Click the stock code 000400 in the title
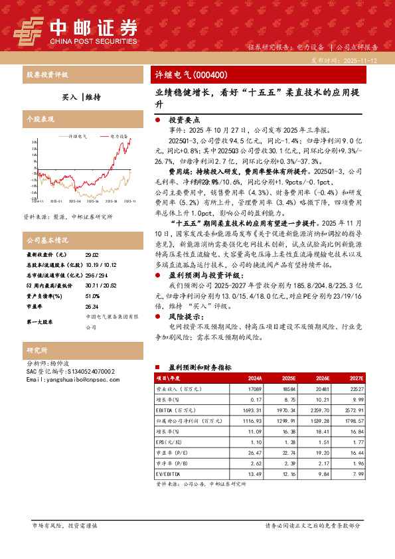(x=210, y=75)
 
